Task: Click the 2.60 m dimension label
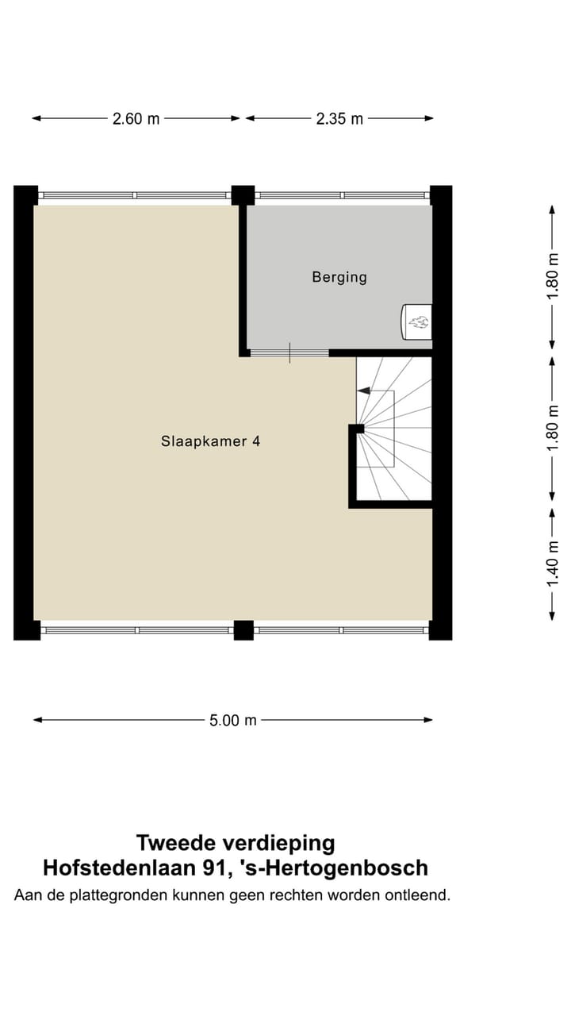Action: coord(136,119)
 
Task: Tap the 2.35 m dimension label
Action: coord(339,119)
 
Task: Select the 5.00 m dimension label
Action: coord(233,721)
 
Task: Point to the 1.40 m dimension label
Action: coord(554,564)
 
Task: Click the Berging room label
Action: coord(339,277)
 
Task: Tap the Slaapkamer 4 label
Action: coord(210,441)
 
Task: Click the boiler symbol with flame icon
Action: coord(417,321)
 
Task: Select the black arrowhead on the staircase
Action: coord(363,391)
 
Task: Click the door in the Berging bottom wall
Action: coord(289,353)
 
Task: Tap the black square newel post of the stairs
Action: coord(358,429)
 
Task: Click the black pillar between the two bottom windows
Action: coord(243,630)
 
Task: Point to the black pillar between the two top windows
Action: coord(243,194)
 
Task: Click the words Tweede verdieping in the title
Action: coord(236,842)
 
